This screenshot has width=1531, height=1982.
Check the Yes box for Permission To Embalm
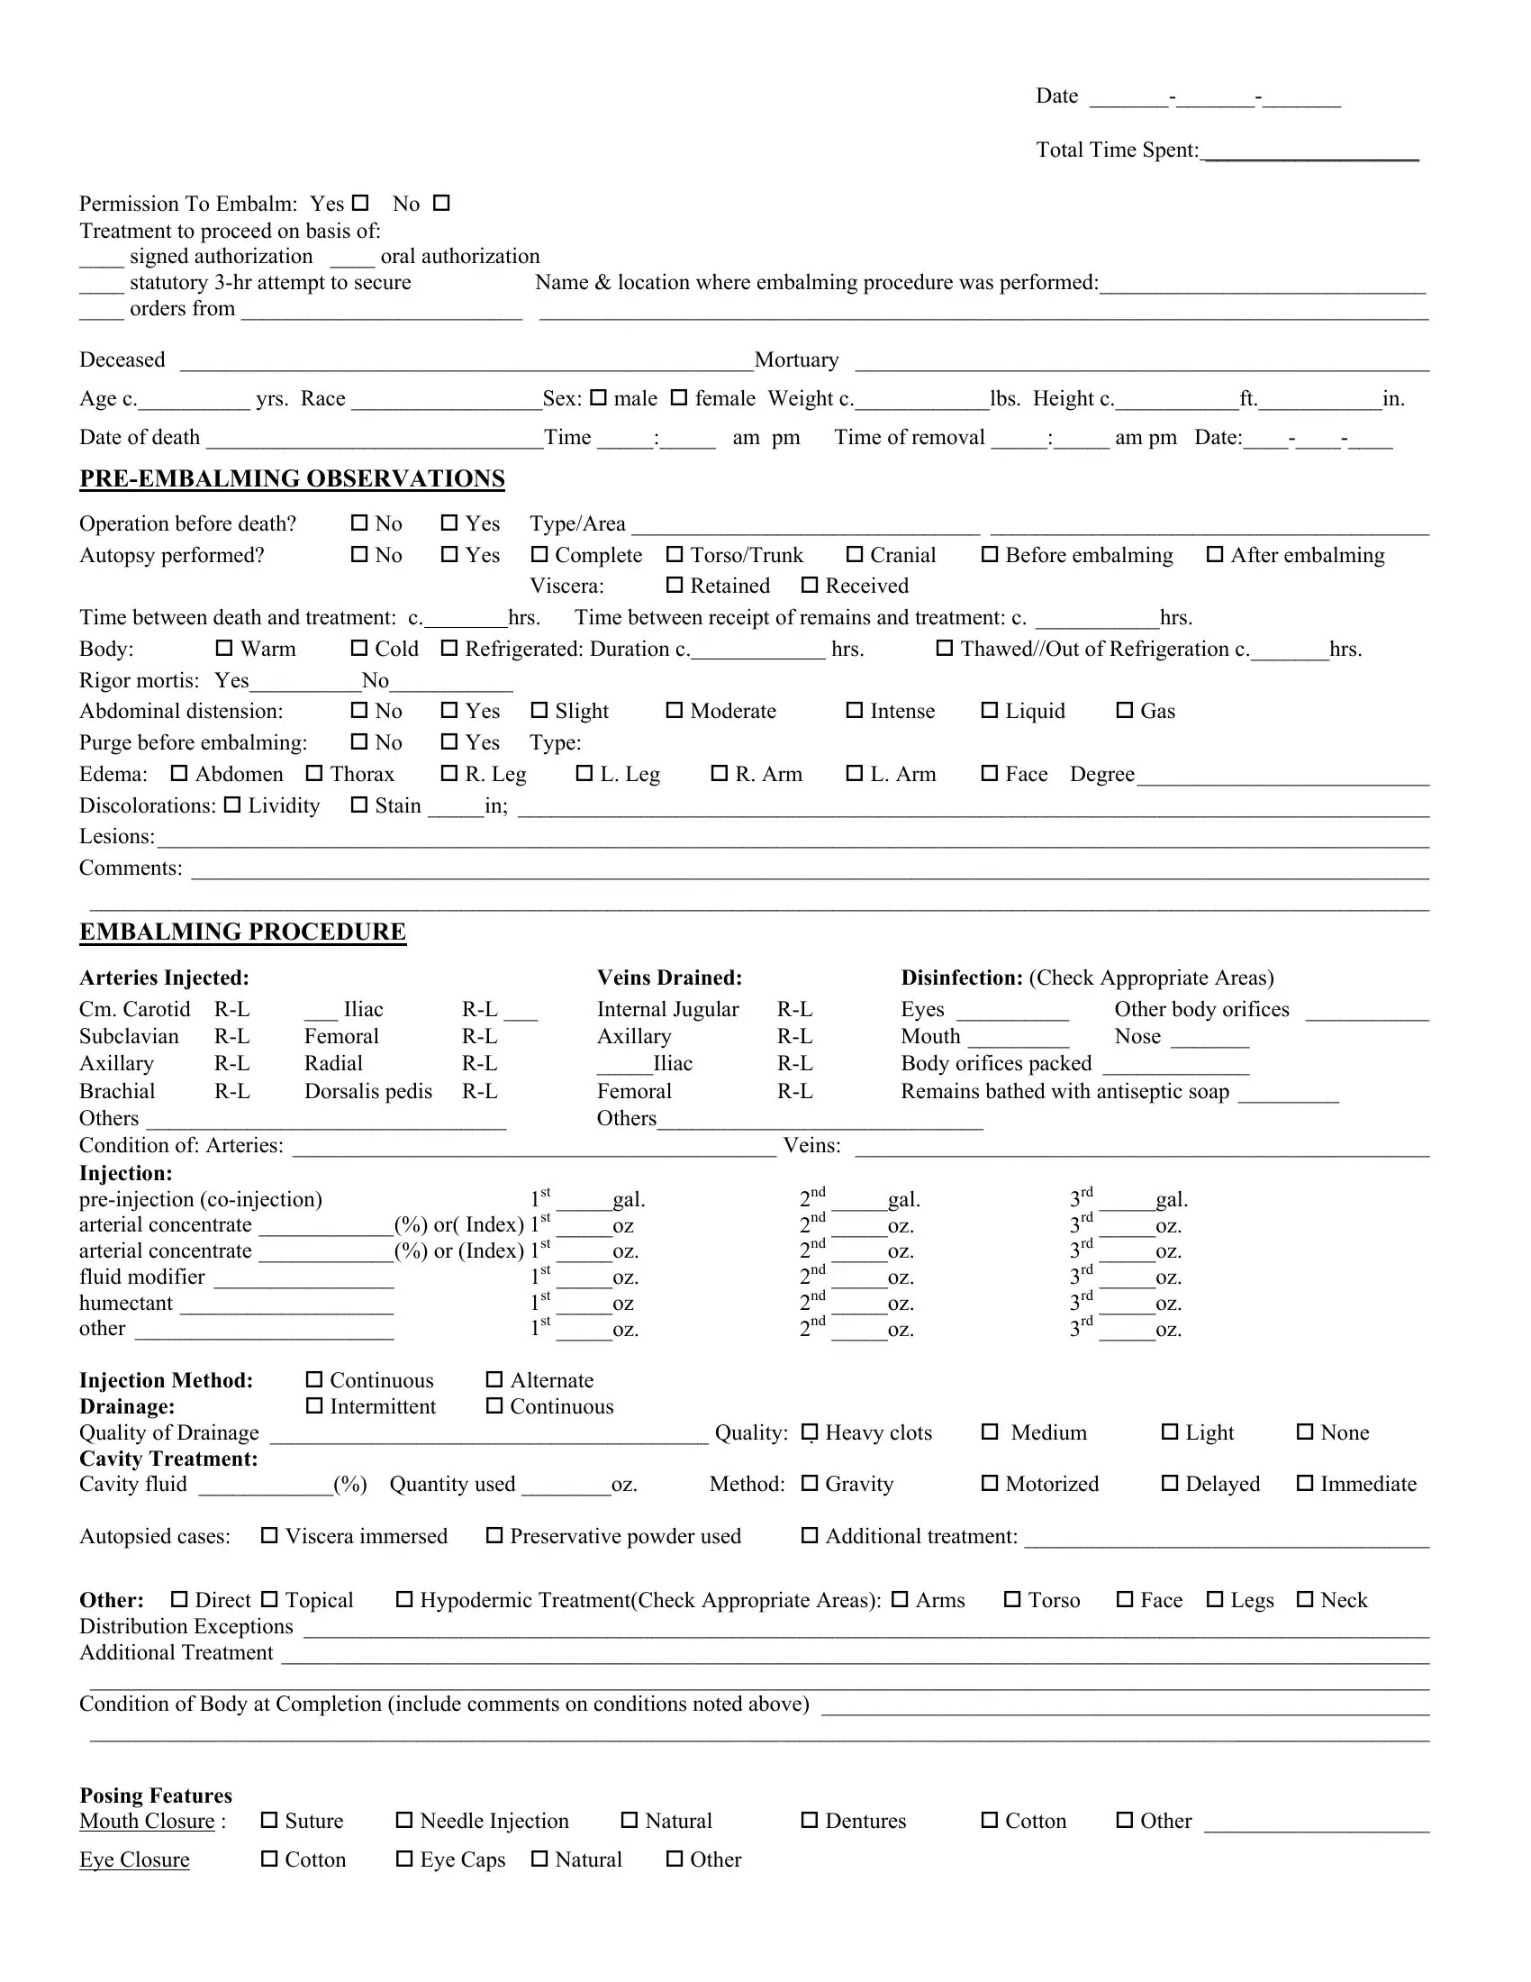pos(360,204)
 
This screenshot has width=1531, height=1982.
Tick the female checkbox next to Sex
pos(678,397)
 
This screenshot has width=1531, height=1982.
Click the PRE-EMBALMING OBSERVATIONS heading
pos(292,478)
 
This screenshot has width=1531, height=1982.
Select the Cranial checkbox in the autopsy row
pos(855,554)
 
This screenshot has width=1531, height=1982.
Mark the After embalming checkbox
pos(1215,554)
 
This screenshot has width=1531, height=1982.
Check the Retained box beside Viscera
pos(674,586)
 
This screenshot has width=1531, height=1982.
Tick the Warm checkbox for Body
pos(224,648)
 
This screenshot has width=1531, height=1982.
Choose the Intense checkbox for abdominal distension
pos(855,711)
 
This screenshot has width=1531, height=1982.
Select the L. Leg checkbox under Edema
pos(584,773)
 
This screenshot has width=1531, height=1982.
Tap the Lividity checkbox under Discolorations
pos(232,805)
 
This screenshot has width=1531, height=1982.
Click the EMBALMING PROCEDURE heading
pos(242,932)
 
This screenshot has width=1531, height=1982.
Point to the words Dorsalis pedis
pos(368,1091)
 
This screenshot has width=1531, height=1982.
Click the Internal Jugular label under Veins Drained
pos(667,1009)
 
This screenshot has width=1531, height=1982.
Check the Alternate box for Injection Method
pos(494,1379)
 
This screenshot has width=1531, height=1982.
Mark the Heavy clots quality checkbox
pos(810,1432)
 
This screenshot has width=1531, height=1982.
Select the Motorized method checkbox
pos(990,1483)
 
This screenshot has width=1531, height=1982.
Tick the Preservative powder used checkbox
pos(494,1535)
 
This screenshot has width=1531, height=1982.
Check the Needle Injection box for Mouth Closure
pos(404,1821)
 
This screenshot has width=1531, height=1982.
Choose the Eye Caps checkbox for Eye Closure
pos(404,1859)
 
